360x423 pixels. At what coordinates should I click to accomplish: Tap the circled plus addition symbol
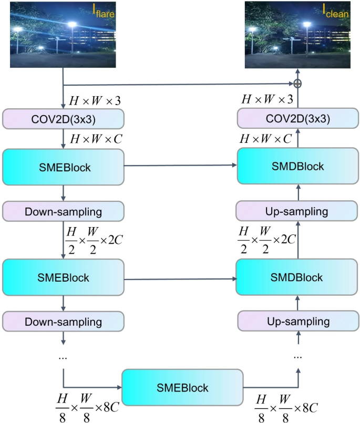(x=297, y=84)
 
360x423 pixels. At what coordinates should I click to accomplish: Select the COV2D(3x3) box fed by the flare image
(x=63, y=119)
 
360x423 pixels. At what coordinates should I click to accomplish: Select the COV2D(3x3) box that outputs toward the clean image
(x=298, y=119)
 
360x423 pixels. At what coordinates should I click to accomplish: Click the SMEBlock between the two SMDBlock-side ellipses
(x=182, y=388)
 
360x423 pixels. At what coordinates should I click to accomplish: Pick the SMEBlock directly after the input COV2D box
(x=63, y=167)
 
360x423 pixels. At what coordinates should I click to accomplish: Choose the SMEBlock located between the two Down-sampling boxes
(x=63, y=276)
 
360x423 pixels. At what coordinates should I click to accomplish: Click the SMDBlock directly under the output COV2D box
(x=298, y=166)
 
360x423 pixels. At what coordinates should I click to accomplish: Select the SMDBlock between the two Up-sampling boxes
(x=298, y=276)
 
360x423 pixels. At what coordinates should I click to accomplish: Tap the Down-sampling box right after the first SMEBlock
(x=63, y=211)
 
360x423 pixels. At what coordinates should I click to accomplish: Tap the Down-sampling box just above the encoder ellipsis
(x=63, y=321)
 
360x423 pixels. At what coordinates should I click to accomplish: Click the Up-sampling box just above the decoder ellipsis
(x=298, y=321)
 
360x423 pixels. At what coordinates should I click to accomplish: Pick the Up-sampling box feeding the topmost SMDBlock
(x=298, y=211)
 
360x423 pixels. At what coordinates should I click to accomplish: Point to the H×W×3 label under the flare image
(x=92, y=99)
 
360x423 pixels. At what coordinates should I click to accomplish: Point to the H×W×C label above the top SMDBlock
(x=265, y=139)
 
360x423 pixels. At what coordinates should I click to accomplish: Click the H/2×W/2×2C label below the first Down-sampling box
(x=92, y=239)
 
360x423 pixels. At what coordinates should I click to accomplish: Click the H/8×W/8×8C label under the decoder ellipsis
(x=286, y=407)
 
